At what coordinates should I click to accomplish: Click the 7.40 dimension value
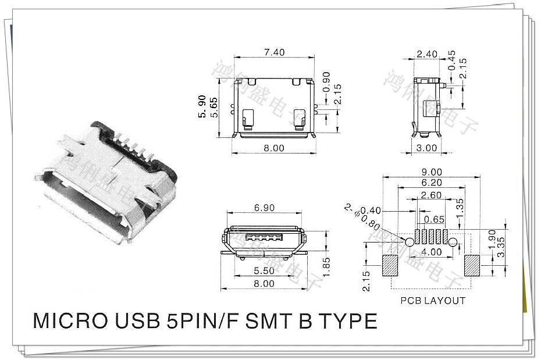[274, 52]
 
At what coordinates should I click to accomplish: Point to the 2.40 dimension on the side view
[427, 54]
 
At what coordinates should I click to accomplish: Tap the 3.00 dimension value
[427, 148]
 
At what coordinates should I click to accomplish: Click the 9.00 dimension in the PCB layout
[431, 172]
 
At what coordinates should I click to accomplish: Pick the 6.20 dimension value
[431, 183]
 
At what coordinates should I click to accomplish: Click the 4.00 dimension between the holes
[431, 252]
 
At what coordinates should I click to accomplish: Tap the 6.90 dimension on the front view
[265, 208]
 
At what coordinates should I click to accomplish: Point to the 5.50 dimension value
[264, 271]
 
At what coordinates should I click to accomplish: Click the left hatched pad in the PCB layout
[390, 265]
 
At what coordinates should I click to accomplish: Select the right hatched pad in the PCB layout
[472, 265]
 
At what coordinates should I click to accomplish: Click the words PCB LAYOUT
[433, 301]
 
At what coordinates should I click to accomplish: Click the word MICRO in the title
[65, 322]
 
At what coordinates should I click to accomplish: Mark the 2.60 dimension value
[431, 195]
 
